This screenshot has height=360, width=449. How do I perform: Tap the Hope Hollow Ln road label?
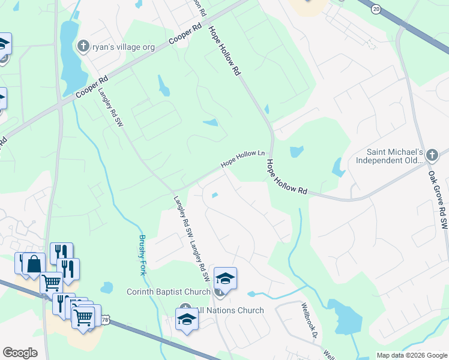point(243,158)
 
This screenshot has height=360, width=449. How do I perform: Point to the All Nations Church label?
point(231,310)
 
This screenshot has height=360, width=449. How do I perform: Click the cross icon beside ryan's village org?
point(83,46)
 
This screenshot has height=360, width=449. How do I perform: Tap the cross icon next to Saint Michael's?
point(432,156)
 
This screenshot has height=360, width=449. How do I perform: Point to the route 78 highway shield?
point(105,321)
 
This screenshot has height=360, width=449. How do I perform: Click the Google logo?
point(20,352)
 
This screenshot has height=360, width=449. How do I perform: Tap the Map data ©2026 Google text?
point(411,355)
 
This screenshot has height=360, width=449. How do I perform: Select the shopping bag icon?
point(34,265)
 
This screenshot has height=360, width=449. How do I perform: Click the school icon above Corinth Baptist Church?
point(225,278)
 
